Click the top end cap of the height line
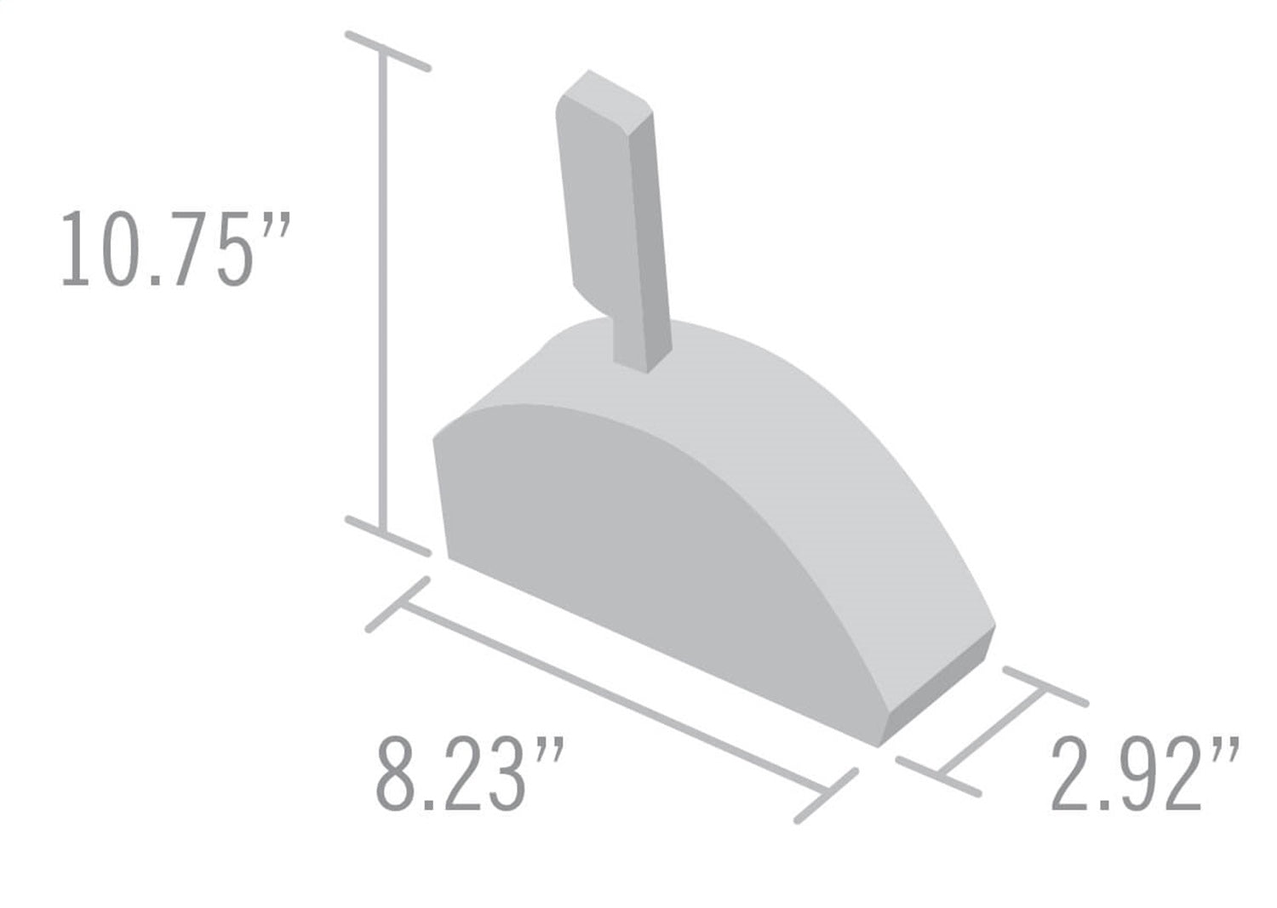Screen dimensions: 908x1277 coord(387,51)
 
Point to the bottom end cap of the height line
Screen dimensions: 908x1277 coord(387,536)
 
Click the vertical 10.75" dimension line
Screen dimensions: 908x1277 coord(385,289)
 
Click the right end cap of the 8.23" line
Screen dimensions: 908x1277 coord(826,796)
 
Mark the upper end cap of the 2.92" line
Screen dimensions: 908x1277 coord(1045,687)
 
